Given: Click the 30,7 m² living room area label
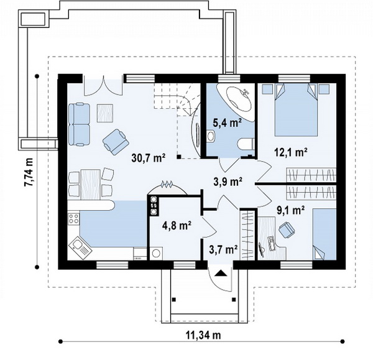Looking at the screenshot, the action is (x=149, y=158).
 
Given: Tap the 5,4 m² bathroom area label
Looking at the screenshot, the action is (x=227, y=122).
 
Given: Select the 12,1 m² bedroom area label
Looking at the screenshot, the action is (x=291, y=152).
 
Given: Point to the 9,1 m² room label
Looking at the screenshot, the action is (x=291, y=210).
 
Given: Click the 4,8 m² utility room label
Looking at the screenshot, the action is (x=177, y=226).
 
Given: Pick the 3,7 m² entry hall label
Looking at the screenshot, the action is (x=223, y=249).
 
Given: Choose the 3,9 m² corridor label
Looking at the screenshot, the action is (x=228, y=182).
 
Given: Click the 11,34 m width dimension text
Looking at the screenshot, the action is (x=203, y=335).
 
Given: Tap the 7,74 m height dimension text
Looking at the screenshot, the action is (x=29, y=171).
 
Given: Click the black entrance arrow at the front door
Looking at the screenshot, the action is (x=221, y=273).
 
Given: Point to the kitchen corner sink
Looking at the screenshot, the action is (x=80, y=247).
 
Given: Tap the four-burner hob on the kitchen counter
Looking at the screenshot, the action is (x=73, y=219).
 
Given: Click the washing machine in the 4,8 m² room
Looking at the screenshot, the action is (x=156, y=253).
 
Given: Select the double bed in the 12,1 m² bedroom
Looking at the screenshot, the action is (x=296, y=109).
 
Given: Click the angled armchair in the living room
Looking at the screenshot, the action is (x=116, y=142).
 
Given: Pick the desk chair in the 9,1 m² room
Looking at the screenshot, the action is (x=287, y=229).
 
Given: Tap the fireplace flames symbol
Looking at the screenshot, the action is (x=167, y=183).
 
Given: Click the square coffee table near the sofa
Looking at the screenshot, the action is (x=104, y=113).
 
